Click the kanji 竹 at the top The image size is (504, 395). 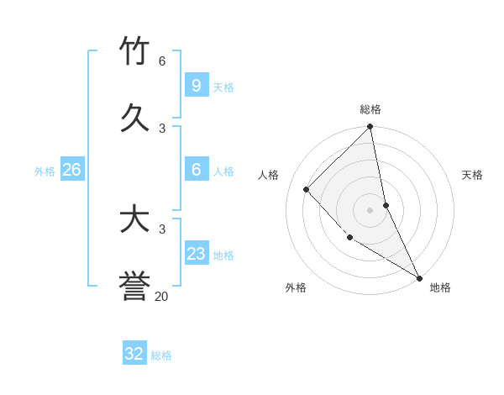135,51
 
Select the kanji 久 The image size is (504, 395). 135,118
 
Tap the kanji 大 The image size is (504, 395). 135,219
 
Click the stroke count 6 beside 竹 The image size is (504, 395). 162,61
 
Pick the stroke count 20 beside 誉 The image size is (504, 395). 162,296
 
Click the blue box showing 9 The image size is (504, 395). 196,85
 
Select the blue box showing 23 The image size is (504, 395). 196,254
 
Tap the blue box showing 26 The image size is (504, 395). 71,170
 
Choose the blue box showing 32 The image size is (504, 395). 134,354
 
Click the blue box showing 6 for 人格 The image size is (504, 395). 196,170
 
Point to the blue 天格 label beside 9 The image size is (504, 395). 223,87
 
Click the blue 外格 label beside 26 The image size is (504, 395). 45,171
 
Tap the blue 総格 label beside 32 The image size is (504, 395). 161,355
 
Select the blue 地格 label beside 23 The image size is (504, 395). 223,255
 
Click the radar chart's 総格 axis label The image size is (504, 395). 370,109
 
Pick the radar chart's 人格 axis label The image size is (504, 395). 269,175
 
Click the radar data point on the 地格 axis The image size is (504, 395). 418,277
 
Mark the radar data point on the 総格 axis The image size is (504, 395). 370,128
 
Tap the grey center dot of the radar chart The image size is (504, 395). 370,209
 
